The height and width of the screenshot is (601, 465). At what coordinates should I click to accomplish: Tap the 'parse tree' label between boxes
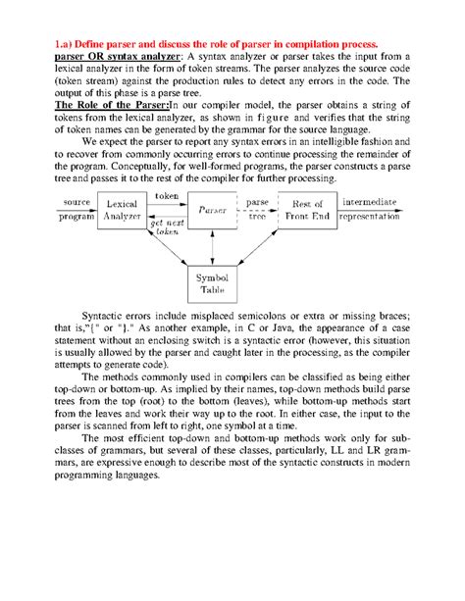tap(257, 210)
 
